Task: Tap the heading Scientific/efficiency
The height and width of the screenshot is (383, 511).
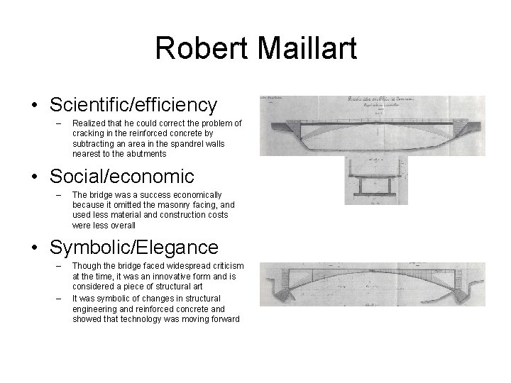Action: point(133,105)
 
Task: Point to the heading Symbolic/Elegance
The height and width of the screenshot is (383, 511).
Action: point(134,248)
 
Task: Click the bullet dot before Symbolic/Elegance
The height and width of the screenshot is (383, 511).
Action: point(35,248)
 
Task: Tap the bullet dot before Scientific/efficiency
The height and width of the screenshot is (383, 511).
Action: point(35,106)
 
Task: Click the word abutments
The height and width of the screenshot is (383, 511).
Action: point(146,153)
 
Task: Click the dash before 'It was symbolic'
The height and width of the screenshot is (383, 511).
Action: point(57,299)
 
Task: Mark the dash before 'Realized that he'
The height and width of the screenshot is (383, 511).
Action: point(57,123)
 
